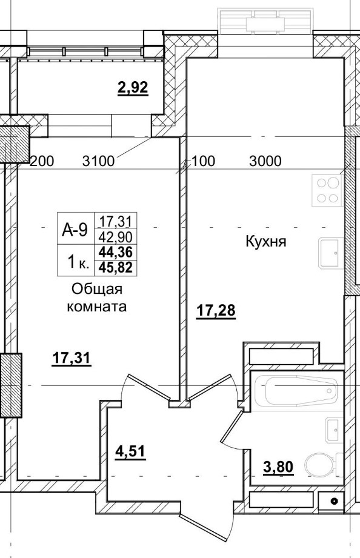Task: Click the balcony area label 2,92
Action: (x=133, y=88)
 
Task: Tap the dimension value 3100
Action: (x=99, y=161)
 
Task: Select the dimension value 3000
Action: (x=265, y=161)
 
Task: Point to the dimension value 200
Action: (x=42, y=161)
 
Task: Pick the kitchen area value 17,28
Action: (x=215, y=311)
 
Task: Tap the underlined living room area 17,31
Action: (x=71, y=359)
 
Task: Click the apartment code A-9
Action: (x=75, y=229)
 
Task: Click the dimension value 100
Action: (x=203, y=161)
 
